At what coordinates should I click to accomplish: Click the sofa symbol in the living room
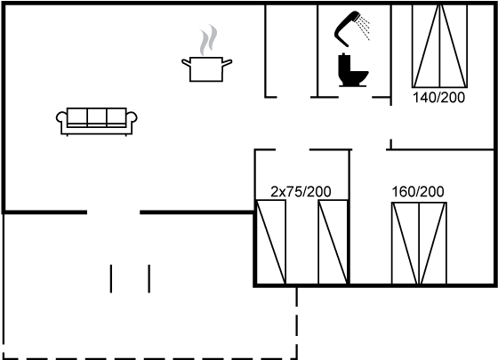97,122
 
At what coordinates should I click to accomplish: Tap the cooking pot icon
206,69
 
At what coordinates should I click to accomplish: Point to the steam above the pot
208,40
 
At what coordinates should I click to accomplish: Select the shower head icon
347,28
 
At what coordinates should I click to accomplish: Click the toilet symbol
352,70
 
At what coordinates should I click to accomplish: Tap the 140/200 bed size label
438,98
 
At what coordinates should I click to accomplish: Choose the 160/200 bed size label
418,192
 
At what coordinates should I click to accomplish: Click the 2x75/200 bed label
301,192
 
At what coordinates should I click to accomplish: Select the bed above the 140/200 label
440,46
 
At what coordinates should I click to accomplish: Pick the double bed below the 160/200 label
419,244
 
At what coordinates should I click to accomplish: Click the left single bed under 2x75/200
271,242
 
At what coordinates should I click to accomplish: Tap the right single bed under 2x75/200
333,242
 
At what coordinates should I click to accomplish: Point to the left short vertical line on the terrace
111,279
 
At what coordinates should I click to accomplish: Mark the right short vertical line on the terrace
149,279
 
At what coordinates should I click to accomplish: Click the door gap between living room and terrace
114,212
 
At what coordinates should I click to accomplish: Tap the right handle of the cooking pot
227,63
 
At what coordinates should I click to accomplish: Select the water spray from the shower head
363,28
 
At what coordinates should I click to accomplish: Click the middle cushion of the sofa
97,116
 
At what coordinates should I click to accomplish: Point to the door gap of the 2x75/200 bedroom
293,149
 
